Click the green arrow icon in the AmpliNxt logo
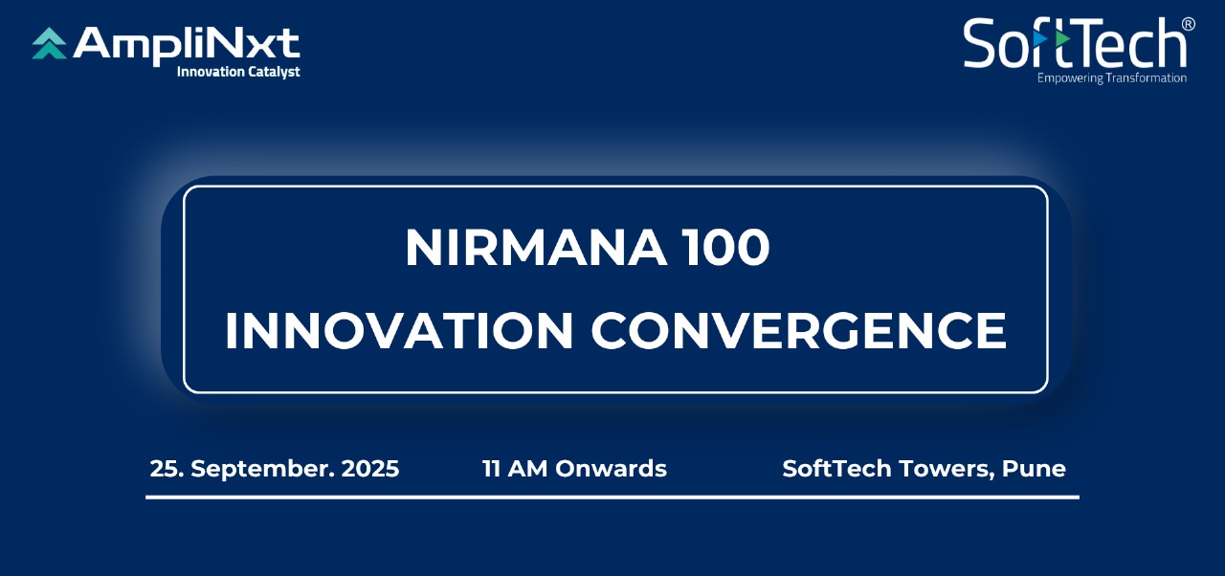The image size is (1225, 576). tap(49, 43)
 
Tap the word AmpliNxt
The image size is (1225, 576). tap(187, 43)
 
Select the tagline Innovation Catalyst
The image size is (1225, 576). tap(238, 72)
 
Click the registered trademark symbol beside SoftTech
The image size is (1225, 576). tap(1188, 25)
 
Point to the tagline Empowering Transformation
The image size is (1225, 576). tap(1112, 78)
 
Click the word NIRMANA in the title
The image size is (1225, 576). tap(536, 248)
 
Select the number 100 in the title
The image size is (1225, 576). tap(726, 248)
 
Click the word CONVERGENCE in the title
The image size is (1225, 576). tap(798, 331)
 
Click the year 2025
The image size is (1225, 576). tap(370, 468)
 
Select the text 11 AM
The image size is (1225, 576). tap(515, 468)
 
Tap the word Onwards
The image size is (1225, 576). tap(611, 468)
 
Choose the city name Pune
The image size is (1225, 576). tap(1034, 468)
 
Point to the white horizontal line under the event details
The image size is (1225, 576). tap(612, 498)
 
